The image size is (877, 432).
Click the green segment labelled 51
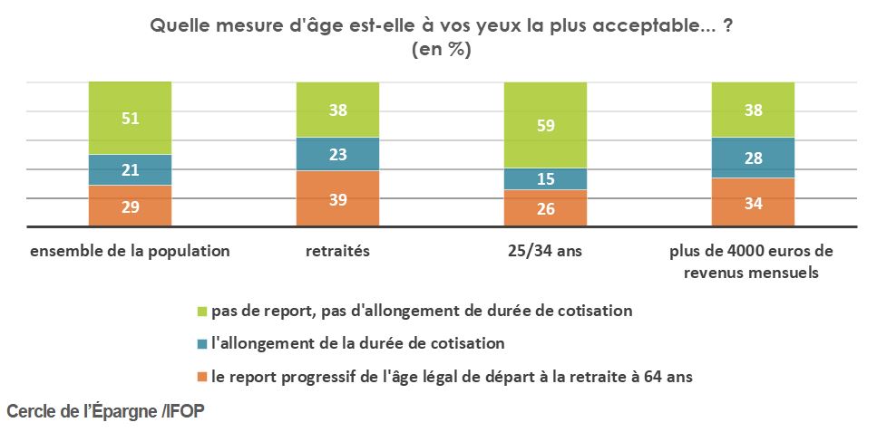130,118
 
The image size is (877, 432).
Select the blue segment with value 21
130,169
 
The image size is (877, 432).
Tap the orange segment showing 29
130,206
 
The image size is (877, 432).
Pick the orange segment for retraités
337,198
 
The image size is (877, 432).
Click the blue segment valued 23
337,154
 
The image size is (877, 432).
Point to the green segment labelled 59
545,125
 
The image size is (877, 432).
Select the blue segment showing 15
545,179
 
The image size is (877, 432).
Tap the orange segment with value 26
545,208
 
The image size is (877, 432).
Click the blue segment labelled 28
753,158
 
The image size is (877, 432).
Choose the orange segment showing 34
753,202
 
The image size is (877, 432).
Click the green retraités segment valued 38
337,110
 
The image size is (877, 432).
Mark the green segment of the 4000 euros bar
753,110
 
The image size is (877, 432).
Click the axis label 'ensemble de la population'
130,251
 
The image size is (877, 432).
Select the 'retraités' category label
337,251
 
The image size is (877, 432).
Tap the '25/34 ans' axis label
545,251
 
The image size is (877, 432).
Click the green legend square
203,312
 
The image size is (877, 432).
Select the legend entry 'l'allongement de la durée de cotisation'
357,344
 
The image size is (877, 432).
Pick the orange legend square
203,378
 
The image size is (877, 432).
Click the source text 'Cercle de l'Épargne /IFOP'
106,411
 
